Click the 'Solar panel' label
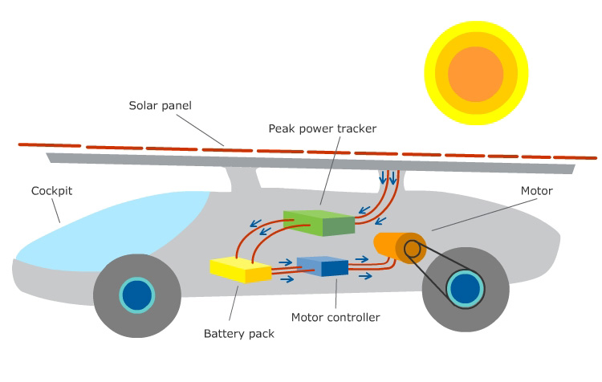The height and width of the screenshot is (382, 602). (x=161, y=105)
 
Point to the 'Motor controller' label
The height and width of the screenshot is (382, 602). (x=336, y=317)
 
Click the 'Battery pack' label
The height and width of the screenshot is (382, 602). (x=239, y=333)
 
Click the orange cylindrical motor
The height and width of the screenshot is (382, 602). (x=390, y=246)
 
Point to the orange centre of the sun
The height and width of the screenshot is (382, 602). (x=475, y=73)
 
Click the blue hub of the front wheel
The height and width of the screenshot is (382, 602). (x=136, y=295)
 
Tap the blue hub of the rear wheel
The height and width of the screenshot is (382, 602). (x=466, y=289)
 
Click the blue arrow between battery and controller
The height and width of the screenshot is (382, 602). (x=286, y=261)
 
